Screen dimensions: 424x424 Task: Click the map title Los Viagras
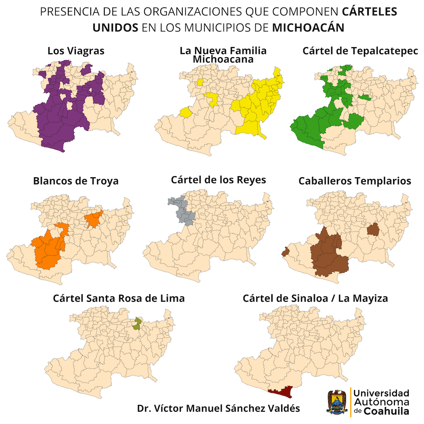pyautogui.click(x=76, y=51)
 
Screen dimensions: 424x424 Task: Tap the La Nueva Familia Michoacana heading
pyautogui.click(x=223, y=55)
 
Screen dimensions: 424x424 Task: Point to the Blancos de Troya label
pyautogui.click(x=76, y=181)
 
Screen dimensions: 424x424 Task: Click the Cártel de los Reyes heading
pyautogui.click(x=218, y=180)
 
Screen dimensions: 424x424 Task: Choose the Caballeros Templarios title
pyautogui.click(x=354, y=181)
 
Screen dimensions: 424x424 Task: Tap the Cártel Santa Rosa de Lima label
pyautogui.click(x=119, y=298)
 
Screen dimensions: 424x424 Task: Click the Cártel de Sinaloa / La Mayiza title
pyautogui.click(x=315, y=298)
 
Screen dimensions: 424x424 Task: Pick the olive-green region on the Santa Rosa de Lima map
pyautogui.click(x=137, y=324)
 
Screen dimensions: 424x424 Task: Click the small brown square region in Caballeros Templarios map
pyautogui.click(x=373, y=229)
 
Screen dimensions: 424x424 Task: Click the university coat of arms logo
pyautogui.click(x=337, y=401)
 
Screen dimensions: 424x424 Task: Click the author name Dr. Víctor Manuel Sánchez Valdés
pyautogui.click(x=218, y=409)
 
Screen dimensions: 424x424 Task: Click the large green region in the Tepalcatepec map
pyautogui.click(x=314, y=127)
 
